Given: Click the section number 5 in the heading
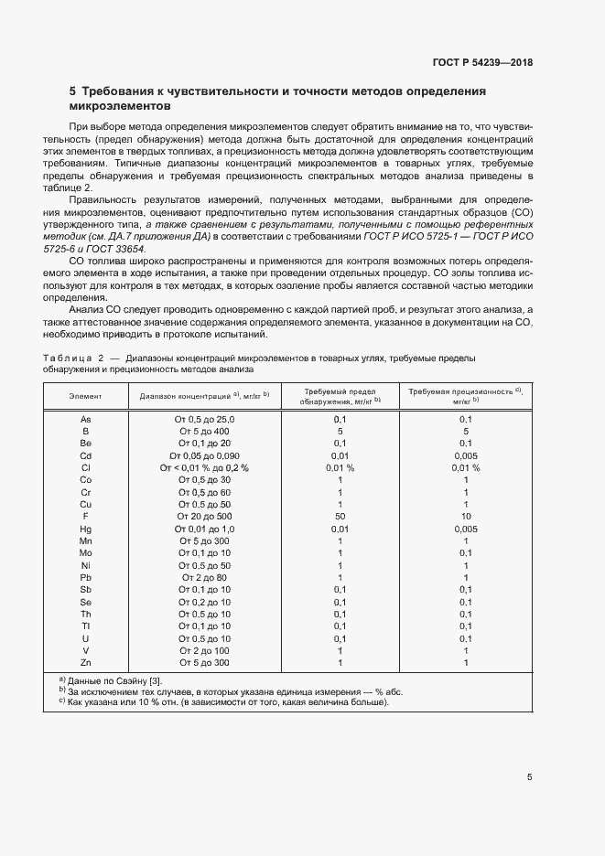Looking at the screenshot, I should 73,91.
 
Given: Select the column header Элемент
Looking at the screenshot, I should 85,395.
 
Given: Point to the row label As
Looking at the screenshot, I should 85,418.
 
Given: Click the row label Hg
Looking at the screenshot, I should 85,530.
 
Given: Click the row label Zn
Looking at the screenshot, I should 85,661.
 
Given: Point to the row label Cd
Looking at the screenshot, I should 85,455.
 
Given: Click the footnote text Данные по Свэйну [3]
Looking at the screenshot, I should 114,681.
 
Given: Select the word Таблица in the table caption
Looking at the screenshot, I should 67,358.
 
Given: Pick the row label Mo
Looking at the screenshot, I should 85,553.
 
